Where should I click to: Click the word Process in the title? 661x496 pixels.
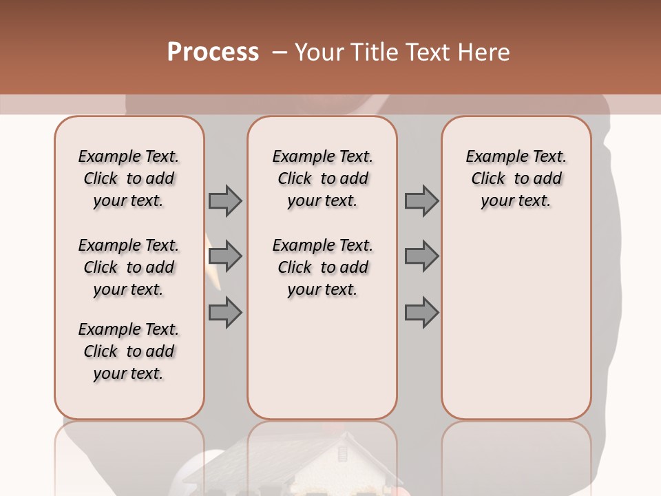[x=213, y=52]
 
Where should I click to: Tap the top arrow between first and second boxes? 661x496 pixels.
[x=225, y=200]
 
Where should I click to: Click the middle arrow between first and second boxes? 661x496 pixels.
[x=225, y=257]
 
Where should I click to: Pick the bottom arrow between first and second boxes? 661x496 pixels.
[x=225, y=313]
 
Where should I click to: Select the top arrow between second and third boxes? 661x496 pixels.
[x=421, y=200]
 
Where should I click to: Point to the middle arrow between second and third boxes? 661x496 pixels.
[x=421, y=257]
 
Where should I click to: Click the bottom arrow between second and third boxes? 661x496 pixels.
[x=421, y=313]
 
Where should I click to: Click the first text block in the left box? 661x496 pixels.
[x=129, y=178]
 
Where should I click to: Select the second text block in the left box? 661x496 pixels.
[x=129, y=267]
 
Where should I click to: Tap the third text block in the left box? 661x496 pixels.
[x=129, y=351]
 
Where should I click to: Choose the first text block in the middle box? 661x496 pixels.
[x=322, y=178]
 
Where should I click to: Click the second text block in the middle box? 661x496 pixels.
[x=322, y=267]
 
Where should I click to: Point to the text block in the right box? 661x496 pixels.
[x=516, y=178]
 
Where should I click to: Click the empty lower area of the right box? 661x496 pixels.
[x=516, y=331]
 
